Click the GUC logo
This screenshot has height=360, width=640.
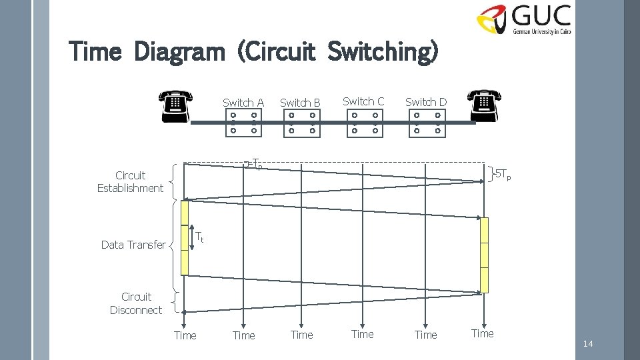click(523, 20)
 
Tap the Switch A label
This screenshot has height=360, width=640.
click(243, 103)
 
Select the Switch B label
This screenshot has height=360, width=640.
click(300, 103)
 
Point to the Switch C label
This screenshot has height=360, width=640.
click(363, 101)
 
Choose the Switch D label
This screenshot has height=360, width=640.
click(426, 102)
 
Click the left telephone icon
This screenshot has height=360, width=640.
click(176, 106)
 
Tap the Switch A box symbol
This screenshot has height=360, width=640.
click(243, 123)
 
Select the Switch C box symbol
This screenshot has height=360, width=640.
click(365, 123)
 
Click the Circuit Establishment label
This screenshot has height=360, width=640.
click(130, 182)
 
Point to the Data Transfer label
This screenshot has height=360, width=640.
click(133, 245)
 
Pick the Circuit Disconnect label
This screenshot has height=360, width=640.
click(136, 303)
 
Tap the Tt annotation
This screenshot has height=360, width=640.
click(199, 236)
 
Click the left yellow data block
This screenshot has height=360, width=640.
click(185, 237)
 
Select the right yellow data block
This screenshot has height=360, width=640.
click(484, 255)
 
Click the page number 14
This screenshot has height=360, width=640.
click(587, 344)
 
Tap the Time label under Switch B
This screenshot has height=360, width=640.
click(302, 335)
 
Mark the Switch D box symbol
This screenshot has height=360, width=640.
click(427, 123)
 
